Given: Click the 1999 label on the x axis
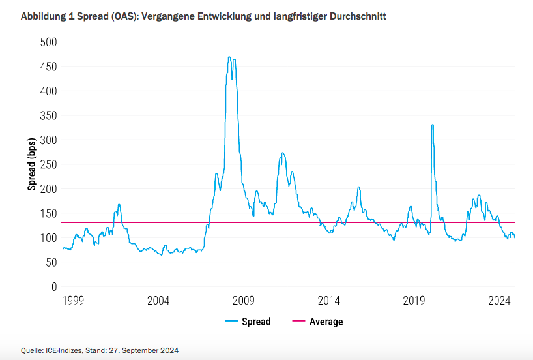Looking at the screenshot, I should pos(73,301).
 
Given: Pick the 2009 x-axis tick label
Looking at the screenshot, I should pos(244,301).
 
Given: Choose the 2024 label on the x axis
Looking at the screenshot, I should pos(499,301).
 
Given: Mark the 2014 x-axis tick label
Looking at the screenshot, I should pos(329,301).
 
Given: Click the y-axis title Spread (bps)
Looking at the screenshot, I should pos(31,164).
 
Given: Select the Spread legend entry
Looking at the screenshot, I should pos(256,322).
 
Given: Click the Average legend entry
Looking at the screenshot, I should pos(326,322).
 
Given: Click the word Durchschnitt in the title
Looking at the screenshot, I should pos(358,16).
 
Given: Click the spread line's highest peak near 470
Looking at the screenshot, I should pos(229,57).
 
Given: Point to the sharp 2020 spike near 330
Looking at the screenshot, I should pos(432,125).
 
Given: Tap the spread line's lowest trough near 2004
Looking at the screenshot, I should pos(162,255).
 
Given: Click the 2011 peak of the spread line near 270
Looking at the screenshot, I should pos(282,153).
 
